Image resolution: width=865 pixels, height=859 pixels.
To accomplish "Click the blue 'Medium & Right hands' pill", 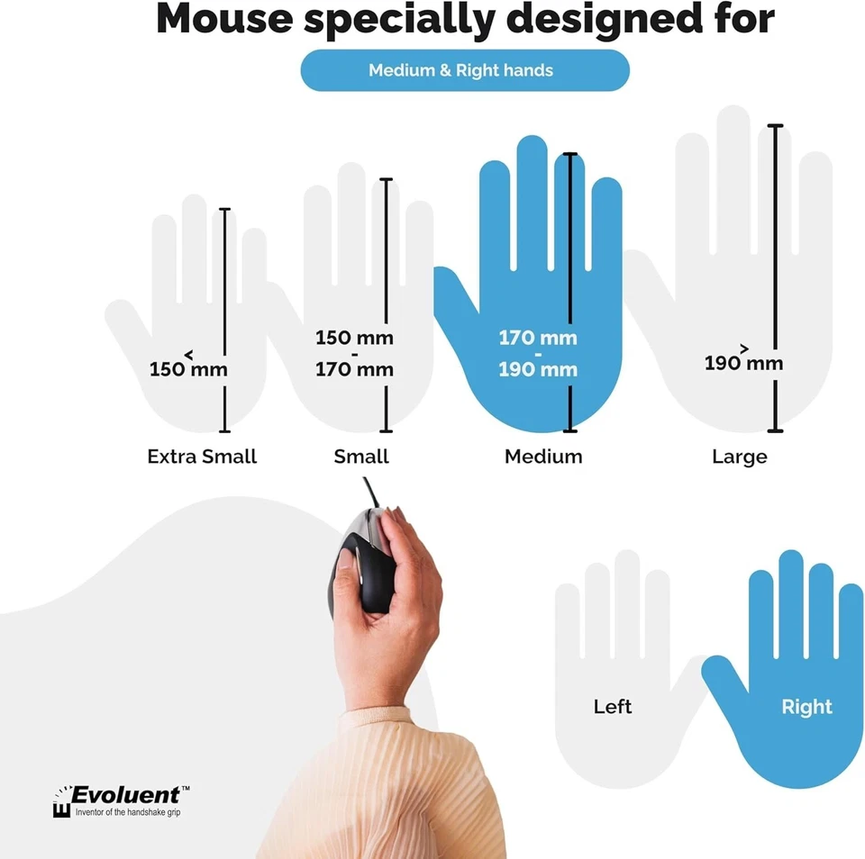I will coord(464,70).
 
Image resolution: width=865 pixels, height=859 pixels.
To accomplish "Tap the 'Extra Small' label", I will coord(202,457).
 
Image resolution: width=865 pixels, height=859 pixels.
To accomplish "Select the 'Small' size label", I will coord(361,457).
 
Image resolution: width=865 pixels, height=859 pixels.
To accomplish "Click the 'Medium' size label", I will coord(543,457).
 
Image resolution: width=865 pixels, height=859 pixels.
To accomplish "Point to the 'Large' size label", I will coord(740,457).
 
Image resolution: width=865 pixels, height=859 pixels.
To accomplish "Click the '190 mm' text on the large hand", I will coord(743,363).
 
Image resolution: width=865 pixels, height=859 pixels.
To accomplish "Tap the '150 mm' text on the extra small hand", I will coord(188,368).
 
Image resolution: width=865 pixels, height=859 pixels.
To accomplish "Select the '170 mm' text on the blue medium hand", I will coord(538,339).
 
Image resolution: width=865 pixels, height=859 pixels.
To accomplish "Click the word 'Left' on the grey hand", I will coord(613,707).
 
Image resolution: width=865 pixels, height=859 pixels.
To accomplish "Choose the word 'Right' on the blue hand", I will coord(807,707).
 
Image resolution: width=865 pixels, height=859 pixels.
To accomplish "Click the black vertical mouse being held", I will coord(360,567).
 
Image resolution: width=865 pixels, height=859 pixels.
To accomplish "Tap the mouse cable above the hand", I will coord(370,493).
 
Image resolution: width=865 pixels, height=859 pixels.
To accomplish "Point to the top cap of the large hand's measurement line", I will coord(776,126).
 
